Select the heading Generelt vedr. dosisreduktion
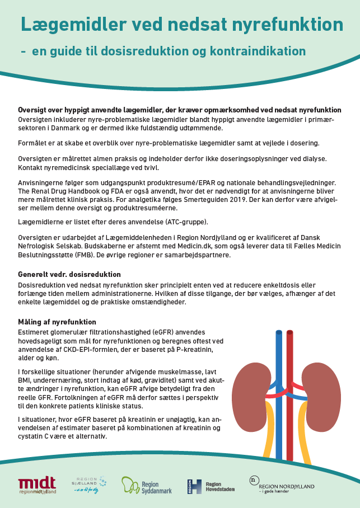pos(69,274)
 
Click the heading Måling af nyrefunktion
pos(57,322)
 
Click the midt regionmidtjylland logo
pos(37,485)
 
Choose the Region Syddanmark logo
pos(147,485)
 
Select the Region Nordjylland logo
pos(282,485)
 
